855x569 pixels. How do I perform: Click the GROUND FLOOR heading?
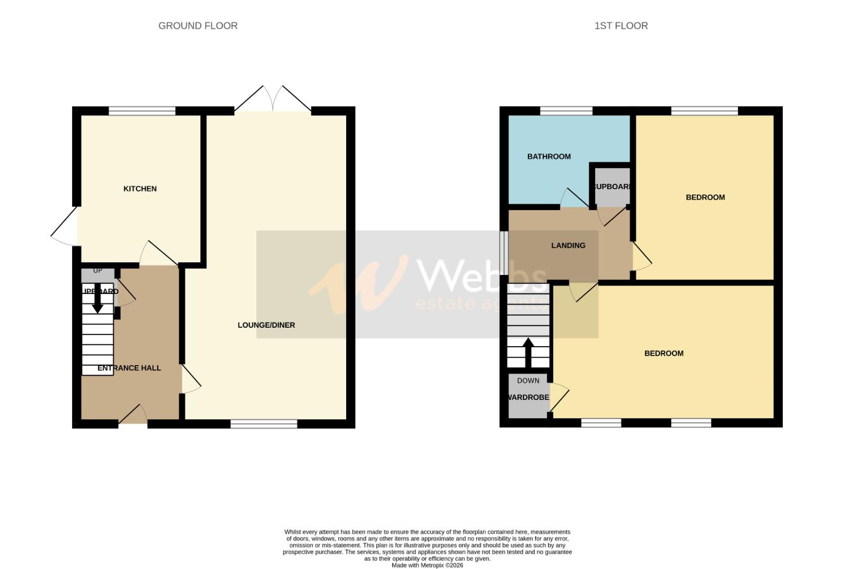click(198, 26)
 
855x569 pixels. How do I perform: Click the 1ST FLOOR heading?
click(621, 26)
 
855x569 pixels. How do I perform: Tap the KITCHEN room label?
click(140, 189)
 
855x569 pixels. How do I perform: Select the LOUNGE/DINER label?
click(266, 325)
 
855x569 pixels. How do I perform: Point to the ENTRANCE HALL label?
click(129, 368)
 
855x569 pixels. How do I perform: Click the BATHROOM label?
click(548, 156)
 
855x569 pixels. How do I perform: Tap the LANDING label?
click(568, 246)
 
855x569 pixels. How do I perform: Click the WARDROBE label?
click(528, 397)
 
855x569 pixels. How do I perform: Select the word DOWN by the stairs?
click(528, 380)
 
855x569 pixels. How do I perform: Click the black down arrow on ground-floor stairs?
click(97, 299)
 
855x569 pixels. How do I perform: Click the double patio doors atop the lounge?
click(273, 99)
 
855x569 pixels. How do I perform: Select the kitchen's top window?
click(142, 111)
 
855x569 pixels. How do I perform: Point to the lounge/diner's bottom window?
click(263, 424)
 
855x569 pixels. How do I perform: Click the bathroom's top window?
click(566, 111)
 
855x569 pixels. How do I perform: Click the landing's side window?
click(504, 253)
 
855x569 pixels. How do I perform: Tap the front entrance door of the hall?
click(133, 416)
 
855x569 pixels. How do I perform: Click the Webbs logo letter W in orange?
click(363, 284)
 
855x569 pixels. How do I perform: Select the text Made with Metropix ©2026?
click(427, 565)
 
